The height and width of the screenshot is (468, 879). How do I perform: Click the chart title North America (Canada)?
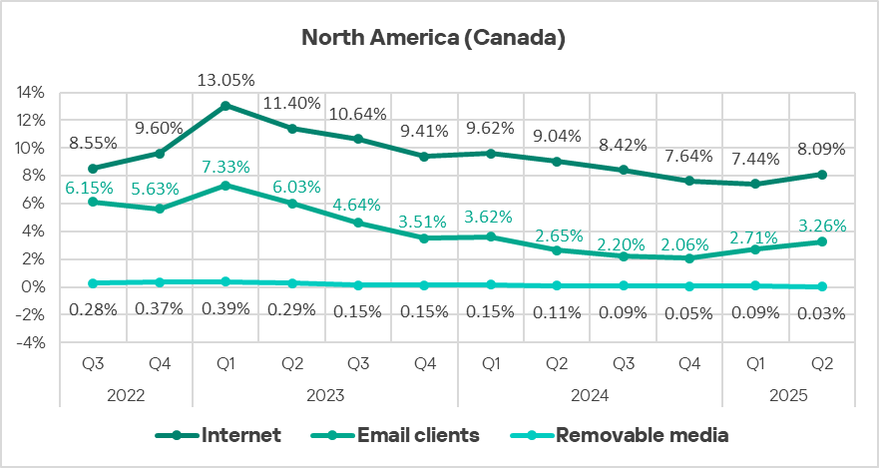pos(434,39)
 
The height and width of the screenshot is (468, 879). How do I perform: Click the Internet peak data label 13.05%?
pos(225,80)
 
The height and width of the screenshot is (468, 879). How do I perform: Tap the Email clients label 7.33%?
pos(225,166)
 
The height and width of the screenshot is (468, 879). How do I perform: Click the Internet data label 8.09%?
pos(821,150)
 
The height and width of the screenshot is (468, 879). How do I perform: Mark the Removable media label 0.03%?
pos(821,312)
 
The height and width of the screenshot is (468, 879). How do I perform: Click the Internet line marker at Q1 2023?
pos(225,105)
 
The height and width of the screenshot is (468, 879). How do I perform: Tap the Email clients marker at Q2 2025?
pos(821,241)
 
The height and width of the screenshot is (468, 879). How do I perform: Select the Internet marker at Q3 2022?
pos(93,168)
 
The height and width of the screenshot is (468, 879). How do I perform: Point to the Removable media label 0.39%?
pos(225,309)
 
